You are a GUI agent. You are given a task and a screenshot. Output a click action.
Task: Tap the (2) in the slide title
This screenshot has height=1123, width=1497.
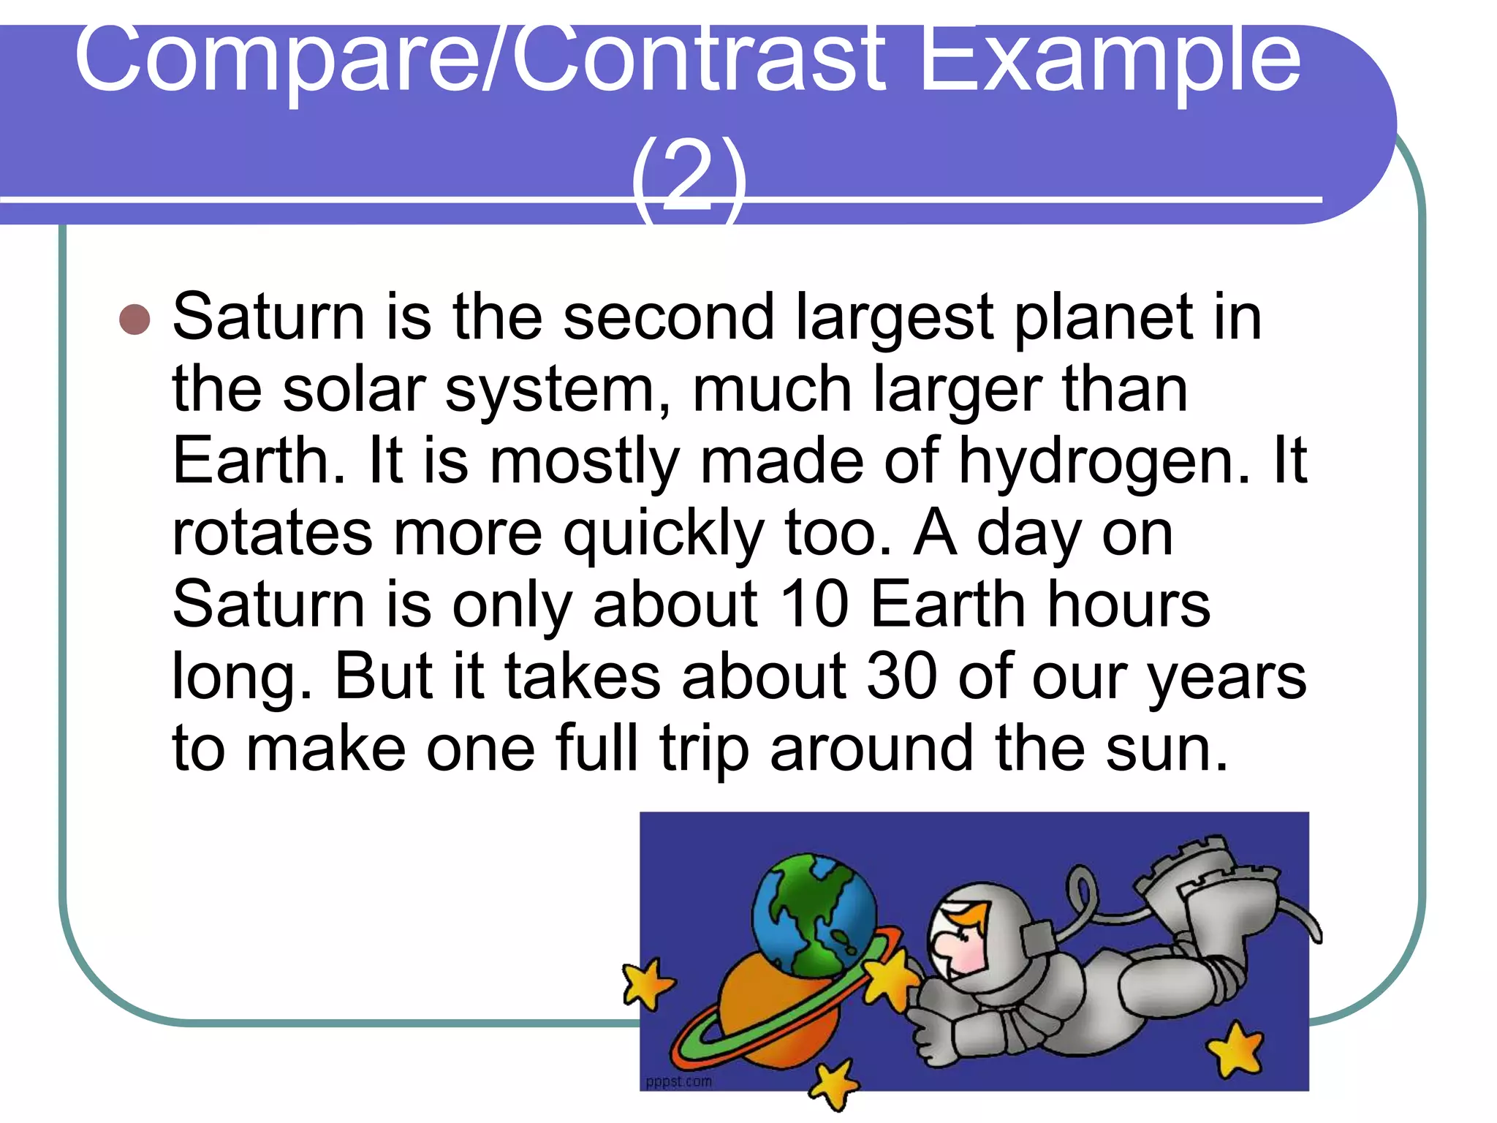(x=689, y=175)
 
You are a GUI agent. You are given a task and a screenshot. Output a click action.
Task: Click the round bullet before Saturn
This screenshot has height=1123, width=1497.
(x=134, y=319)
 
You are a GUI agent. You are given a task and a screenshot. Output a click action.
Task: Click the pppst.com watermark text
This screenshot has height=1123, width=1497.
(x=678, y=1081)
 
